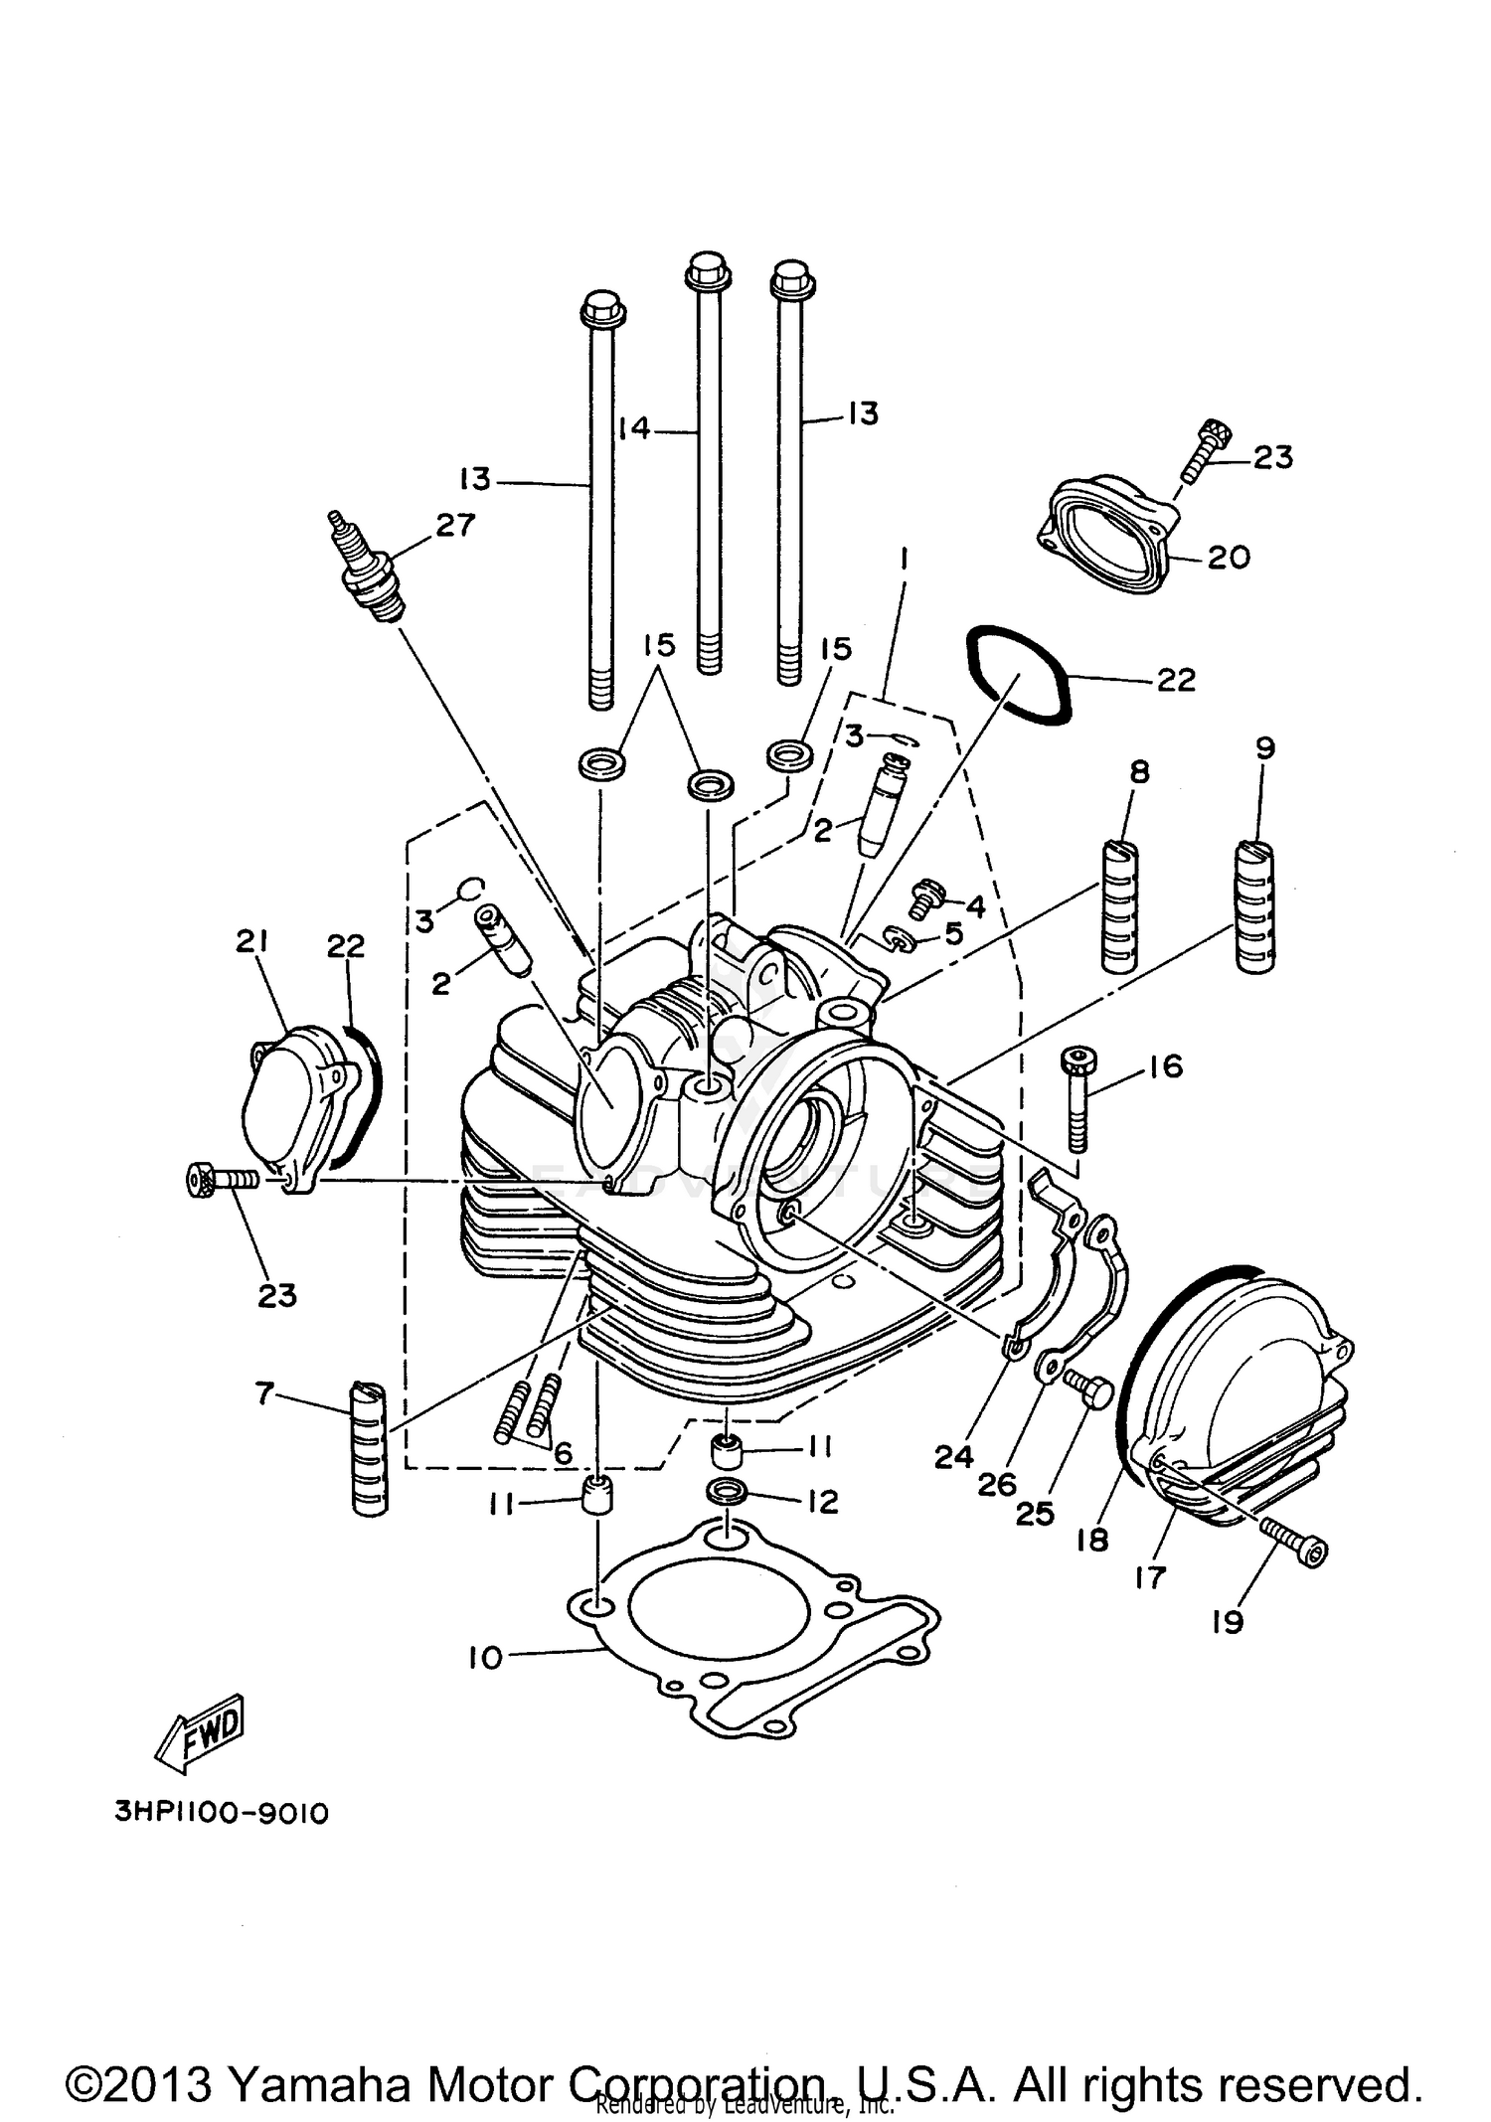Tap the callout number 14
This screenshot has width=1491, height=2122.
[x=633, y=428]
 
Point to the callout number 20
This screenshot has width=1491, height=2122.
[x=1229, y=558]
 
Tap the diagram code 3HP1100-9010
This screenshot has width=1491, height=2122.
[x=221, y=1813]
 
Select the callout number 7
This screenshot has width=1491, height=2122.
[x=263, y=1394]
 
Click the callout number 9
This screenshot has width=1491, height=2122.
[x=1264, y=747]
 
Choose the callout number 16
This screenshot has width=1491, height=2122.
[x=1165, y=1066]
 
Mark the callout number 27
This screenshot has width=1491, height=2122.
[x=455, y=525]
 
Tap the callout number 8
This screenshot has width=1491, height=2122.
[x=1139, y=771]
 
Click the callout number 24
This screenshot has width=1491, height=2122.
[x=953, y=1457]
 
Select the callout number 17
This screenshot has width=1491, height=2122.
[x=1150, y=1577]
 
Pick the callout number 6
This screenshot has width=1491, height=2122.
[x=564, y=1453]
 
